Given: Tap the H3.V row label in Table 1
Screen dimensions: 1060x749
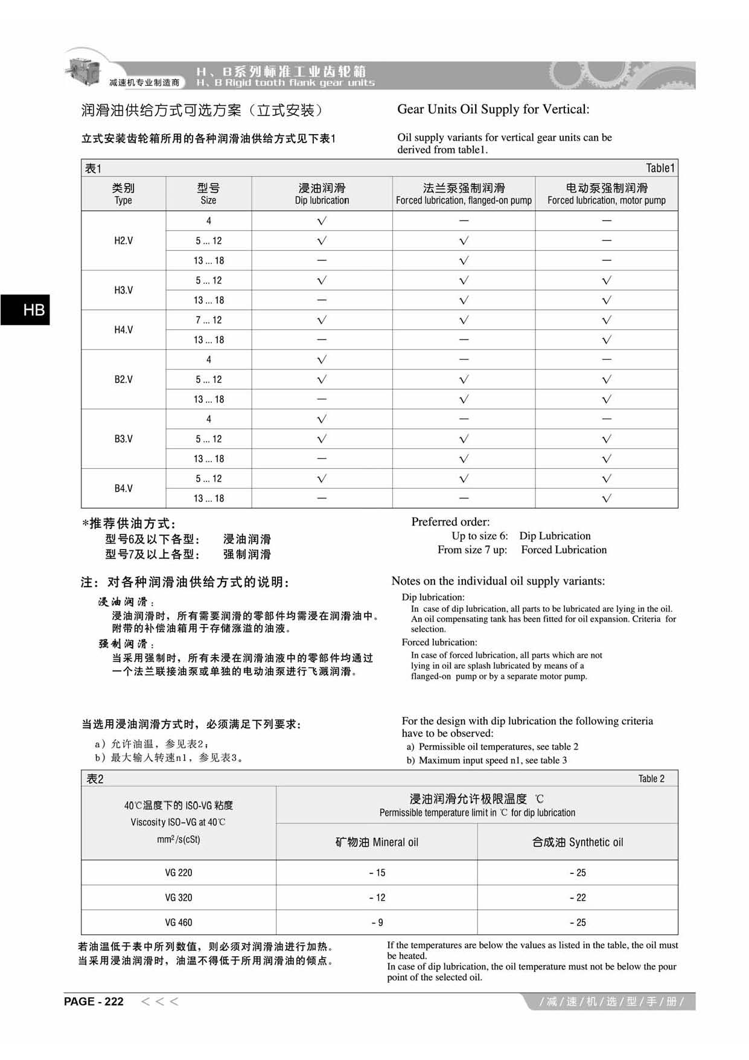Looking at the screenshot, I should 123,291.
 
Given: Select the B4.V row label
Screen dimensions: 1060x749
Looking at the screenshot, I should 123,489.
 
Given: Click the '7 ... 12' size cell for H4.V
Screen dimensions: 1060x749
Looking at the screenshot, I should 208,320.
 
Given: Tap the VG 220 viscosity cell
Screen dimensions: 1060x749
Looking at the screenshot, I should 179,873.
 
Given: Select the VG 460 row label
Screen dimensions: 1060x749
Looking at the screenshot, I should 179,922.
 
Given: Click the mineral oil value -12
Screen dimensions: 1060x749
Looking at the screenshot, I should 377,898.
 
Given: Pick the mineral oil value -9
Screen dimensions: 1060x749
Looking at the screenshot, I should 377,922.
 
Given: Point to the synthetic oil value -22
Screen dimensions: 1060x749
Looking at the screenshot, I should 578,898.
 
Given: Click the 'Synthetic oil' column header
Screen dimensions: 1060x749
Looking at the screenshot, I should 578,842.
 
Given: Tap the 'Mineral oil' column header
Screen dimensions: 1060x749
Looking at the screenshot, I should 377,842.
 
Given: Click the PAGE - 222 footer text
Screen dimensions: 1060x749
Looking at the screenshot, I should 94,1001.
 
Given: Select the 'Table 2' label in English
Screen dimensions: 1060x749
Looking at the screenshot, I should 651,779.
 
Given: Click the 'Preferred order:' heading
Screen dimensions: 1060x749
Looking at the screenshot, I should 450,522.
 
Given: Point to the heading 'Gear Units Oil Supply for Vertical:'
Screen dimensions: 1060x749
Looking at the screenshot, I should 493,109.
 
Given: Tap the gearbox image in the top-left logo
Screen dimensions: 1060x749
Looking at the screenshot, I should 83,68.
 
